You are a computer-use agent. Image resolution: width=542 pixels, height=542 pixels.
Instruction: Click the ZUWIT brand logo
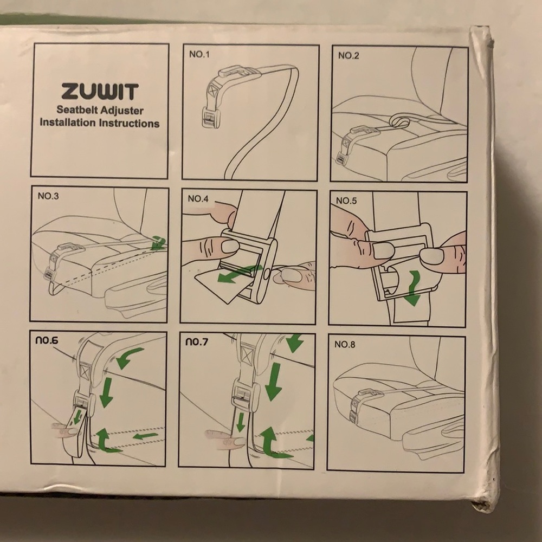click(x=100, y=92)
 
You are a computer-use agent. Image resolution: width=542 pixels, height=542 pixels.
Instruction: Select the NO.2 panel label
click(x=349, y=56)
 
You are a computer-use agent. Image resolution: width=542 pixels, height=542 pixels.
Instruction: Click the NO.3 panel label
click(x=48, y=196)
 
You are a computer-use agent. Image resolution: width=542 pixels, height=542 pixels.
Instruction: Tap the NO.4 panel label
click(x=198, y=198)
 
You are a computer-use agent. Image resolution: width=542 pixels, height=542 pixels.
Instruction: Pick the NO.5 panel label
click(x=347, y=201)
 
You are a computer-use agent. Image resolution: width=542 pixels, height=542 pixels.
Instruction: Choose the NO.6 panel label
click(x=47, y=340)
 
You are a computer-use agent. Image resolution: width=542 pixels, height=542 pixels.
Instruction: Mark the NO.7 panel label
click(x=197, y=342)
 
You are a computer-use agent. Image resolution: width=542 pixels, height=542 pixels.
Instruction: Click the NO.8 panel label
click(x=345, y=344)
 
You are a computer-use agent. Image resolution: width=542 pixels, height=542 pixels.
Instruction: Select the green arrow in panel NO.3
click(x=158, y=243)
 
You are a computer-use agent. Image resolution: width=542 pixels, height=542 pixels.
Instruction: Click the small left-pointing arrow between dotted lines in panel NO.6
click(x=146, y=436)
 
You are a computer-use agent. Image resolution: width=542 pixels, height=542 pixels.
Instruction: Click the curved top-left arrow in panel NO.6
click(x=128, y=357)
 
